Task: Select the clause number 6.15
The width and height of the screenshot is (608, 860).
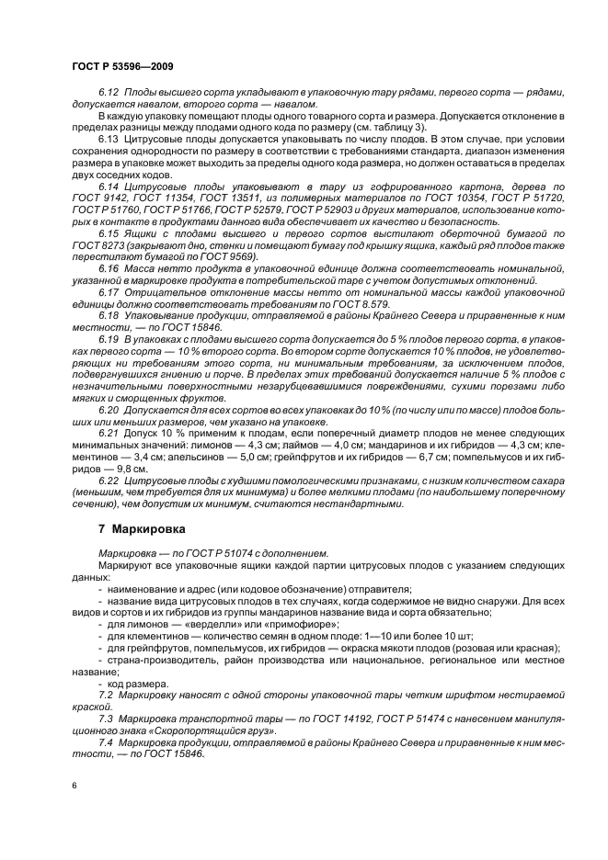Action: click(x=108, y=234)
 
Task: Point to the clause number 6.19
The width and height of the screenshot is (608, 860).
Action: click(x=108, y=339)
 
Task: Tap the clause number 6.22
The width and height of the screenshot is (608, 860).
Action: click(x=108, y=481)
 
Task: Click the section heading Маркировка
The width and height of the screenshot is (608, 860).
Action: click(x=147, y=530)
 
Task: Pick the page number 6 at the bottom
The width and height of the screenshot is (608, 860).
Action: click(x=75, y=786)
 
